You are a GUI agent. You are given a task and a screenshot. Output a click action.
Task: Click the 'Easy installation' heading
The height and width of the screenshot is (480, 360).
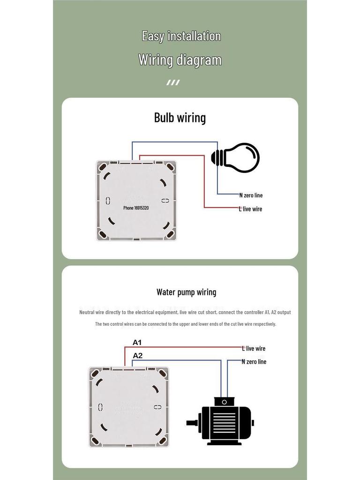coord(181,36)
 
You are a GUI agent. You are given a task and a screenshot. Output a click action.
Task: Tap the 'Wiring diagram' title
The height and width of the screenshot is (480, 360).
coord(180,60)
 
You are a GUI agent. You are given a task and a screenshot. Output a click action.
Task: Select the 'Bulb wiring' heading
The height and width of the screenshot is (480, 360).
coord(180,117)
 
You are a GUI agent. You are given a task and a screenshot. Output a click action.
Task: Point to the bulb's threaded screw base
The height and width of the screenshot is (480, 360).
coord(217,157)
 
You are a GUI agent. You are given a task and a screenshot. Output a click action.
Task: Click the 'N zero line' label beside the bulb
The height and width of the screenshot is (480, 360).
coord(251,195)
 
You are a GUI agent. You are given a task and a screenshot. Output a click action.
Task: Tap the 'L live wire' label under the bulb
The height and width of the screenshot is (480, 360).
coord(250,209)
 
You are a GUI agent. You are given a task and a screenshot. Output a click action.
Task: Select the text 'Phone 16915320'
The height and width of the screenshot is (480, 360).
coord(136,208)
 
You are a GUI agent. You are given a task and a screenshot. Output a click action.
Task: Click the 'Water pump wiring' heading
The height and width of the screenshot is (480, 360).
coord(186,292)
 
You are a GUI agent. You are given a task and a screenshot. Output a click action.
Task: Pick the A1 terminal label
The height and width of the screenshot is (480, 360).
coord(137,343)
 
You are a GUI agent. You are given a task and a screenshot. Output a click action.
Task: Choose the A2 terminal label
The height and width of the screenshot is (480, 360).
coord(137,356)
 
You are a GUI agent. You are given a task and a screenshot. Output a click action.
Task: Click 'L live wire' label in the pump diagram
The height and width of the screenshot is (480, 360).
coord(254,348)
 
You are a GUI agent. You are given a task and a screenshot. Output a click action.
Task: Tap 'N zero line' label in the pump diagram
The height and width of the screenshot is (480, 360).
coord(254,361)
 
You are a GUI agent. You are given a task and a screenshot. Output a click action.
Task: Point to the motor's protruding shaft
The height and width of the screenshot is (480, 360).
coord(191,422)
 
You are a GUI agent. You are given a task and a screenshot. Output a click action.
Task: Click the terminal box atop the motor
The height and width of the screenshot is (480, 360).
coord(224,402)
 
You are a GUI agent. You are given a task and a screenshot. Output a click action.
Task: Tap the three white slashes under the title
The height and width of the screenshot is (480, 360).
coord(173,83)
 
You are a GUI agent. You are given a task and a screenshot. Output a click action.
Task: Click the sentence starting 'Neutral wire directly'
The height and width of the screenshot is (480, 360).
coord(185,312)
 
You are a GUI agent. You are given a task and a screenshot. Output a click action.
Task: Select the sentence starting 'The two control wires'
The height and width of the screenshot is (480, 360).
coord(185,324)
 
